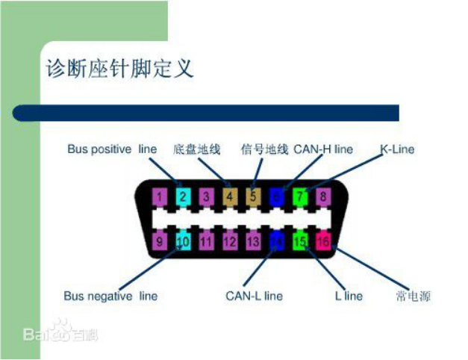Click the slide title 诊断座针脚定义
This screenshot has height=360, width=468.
[x=120, y=69]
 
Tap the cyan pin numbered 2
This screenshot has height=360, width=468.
[x=183, y=198]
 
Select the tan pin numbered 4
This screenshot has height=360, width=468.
[x=230, y=198]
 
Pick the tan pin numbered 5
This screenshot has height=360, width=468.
[x=253, y=198]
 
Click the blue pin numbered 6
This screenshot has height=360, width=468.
[x=277, y=198]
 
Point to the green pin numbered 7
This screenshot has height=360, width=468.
[x=300, y=198]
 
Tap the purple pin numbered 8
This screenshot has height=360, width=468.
[x=323, y=198]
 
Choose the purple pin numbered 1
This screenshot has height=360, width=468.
[x=159, y=198]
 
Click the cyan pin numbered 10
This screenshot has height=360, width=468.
[x=183, y=241]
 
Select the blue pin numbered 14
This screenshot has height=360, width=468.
[x=277, y=241]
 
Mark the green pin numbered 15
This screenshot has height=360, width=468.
[x=300, y=241]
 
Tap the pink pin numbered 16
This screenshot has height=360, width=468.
[x=323, y=241]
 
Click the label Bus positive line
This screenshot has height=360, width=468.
[x=112, y=149]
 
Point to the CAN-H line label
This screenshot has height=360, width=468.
[x=323, y=149]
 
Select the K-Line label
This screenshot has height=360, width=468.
[x=397, y=149]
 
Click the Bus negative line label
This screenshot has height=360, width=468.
[x=111, y=296]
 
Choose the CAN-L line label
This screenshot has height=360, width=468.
[x=255, y=296]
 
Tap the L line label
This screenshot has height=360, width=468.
[x=349, y=296]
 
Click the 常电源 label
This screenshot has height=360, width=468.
[x=414, y=296]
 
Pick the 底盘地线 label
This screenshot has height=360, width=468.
[x=197, y=149]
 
